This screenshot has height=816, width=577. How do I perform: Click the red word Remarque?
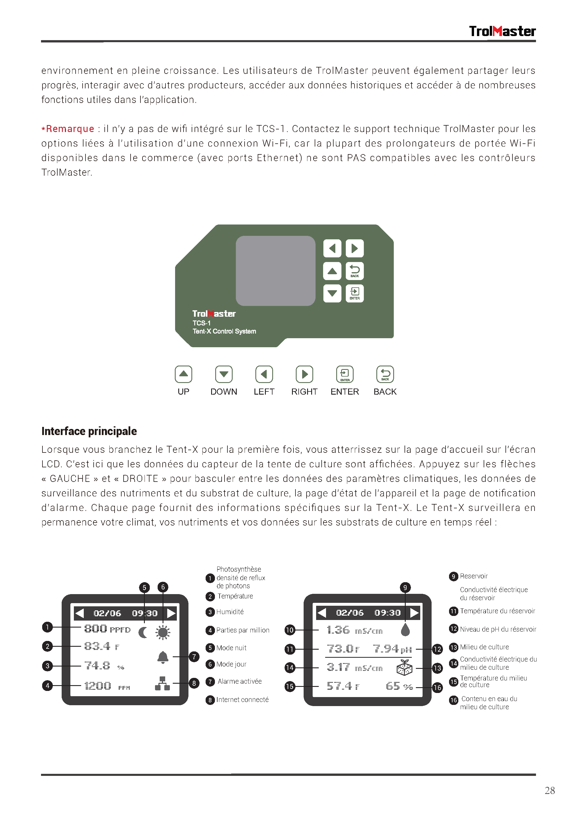pos(70,129)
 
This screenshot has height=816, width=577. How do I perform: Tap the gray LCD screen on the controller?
pos(275,270)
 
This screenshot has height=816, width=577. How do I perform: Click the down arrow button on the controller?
pos(332,293)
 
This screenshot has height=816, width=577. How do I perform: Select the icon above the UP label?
pos(184,374)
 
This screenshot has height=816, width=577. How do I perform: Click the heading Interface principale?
pos(89,431)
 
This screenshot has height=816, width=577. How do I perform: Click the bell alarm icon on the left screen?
pos(163,657)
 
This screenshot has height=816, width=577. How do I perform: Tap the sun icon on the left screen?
pos(163,633)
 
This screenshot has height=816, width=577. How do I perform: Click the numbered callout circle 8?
pos(194,683)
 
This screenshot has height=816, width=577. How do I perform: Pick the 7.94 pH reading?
pos(392,649)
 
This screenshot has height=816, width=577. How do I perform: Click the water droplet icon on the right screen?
pos(405,630)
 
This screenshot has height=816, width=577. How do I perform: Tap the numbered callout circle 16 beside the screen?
pos(437,688)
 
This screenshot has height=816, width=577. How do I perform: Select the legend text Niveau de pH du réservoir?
pos(498,629)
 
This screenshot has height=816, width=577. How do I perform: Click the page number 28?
pos(549,790)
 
